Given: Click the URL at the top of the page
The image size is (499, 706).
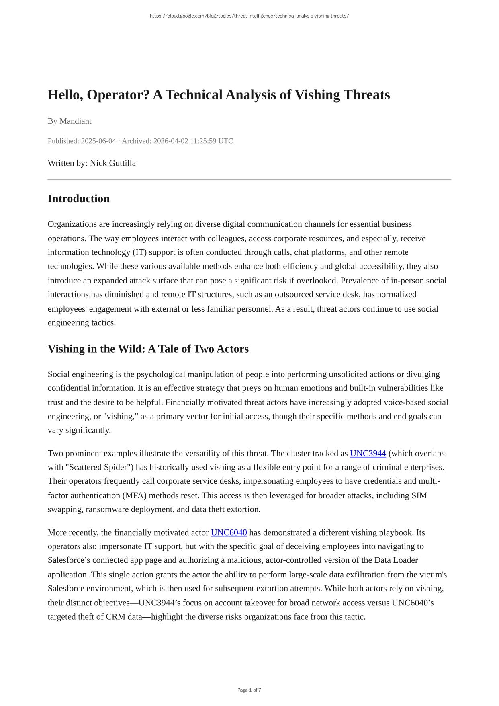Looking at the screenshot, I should pyautogui.click(x=249, y=16).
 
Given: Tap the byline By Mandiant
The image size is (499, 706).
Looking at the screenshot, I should pyautogui.click(x=70, y=121).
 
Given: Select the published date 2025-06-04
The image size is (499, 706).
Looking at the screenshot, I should pyautogui.click(x=98, y=141).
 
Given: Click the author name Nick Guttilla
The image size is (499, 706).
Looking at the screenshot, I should pyautogui.click(x=113, y=163).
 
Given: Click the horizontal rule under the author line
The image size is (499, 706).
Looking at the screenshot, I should pyautogui.click(x=249, y=179).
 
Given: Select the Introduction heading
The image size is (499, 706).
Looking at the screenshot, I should pyautogui.click(x=79, y=199).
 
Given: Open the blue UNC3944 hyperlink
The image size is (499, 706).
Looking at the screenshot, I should pyautogui.click(x=368, y=453).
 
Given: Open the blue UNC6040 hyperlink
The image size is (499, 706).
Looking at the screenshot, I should pyautogui.click(x=229, y=532).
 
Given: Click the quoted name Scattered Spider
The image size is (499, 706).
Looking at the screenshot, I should pyautogui.click(x=99, y=467).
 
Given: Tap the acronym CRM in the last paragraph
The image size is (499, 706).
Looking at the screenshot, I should pyautogui.click(x=115, y=616).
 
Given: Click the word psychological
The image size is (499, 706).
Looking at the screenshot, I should pyautogui.click(x=165, y=374).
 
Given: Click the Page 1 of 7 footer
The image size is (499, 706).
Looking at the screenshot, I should pyautogui.click(x=249, y=690).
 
